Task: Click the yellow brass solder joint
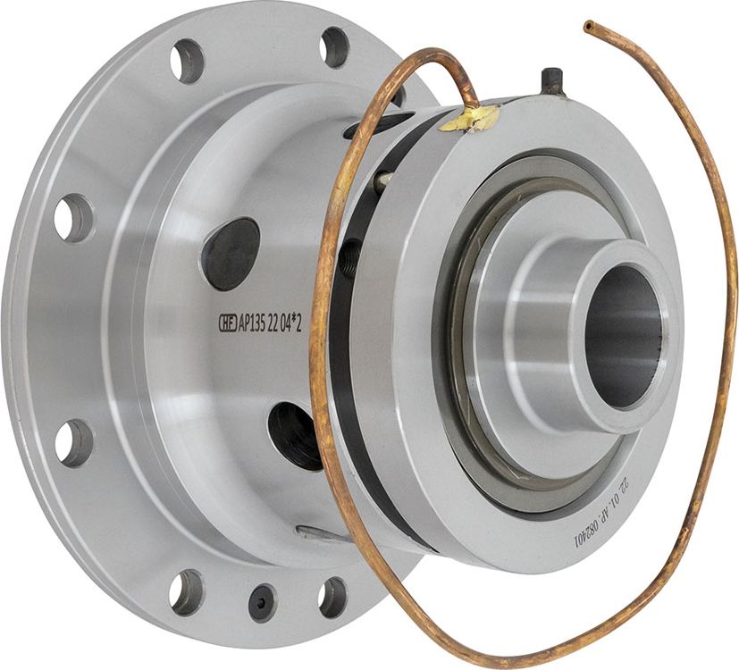pyautogui.click(x=470, y=117)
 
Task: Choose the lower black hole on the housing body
pyautogui.click(x=296, y=435)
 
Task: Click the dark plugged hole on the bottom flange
pyautogui.click(x=262, y=602)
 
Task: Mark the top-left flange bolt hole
pyautogui.click(x=188, y=61)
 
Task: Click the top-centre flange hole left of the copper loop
pyautogui.click(x=335, y=46)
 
